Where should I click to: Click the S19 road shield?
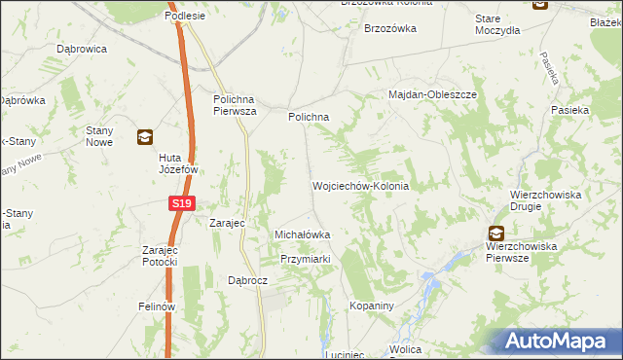(x=181, y=203)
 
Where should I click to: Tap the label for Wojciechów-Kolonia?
(x=359, y=186)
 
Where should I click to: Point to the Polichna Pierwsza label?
(x=235, y=104)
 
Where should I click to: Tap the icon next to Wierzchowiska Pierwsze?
(x=496, y=233)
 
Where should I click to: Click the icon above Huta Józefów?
(x=144, y=137)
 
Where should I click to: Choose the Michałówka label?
(x=303, y=234)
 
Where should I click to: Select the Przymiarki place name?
(x=307, y=259)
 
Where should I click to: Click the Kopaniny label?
(x=371, y=306)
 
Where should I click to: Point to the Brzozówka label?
(x=390, y=29)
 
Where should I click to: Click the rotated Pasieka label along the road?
(x=545, y=67)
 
